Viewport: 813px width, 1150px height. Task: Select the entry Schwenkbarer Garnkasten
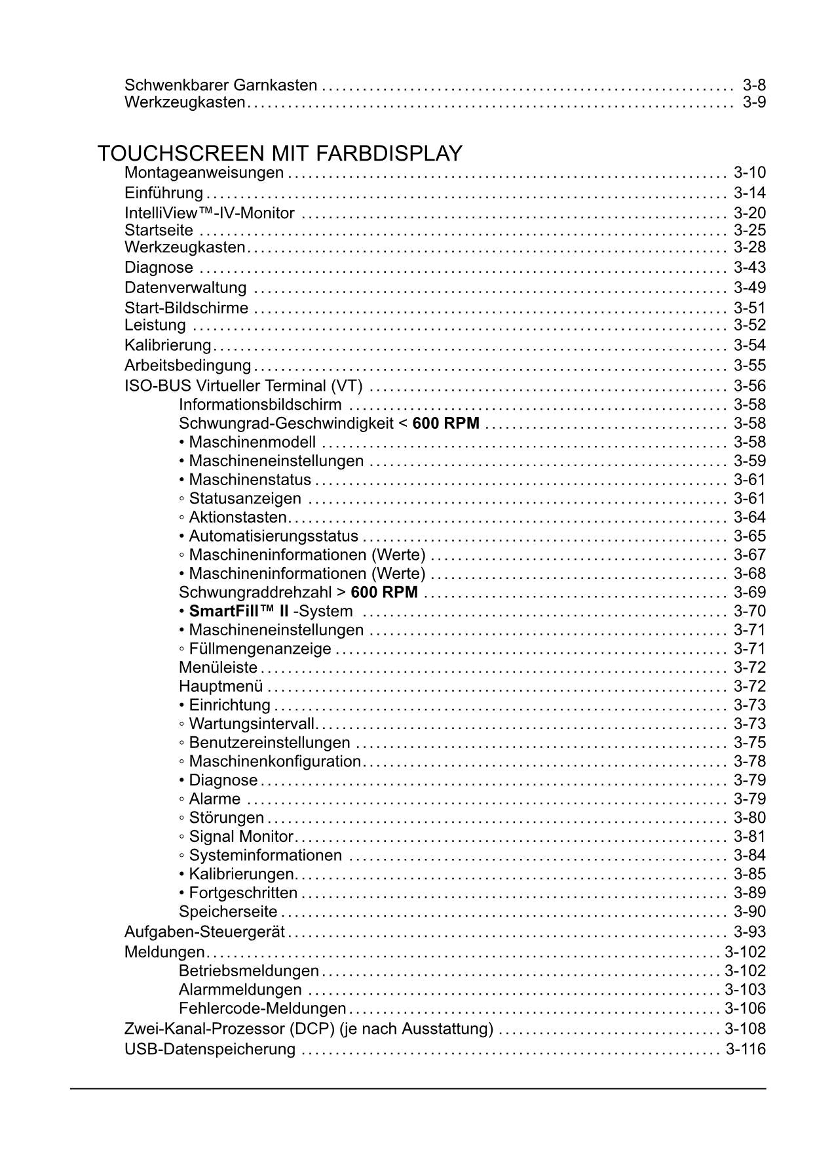tap(221, 85)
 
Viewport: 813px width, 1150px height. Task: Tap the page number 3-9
tap(754, 102)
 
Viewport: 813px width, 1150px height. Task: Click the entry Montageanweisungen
tap(204, 173)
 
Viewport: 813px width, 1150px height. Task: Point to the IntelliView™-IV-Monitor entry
tap(210, 213)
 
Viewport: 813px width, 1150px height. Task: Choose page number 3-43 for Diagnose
tap(749, 268)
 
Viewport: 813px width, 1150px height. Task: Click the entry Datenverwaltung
tap(185, 288)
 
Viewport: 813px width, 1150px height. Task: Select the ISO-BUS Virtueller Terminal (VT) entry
tap(243, 386)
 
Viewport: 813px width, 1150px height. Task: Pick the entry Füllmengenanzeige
tap(259, 649)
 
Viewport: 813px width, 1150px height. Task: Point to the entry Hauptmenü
tap(221, 686)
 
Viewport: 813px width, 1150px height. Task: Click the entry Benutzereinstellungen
tap(269, 743)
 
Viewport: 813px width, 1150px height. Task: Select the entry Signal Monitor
tap(240, 837)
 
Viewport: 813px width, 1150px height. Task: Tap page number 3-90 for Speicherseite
tap(749, 912)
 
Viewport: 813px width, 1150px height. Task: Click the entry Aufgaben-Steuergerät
tap(204, 932)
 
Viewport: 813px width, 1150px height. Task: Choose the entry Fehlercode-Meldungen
tap(262, 1008)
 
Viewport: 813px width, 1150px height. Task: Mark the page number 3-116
tap(746, 1049)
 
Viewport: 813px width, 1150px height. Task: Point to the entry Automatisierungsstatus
tap(273, 536)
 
